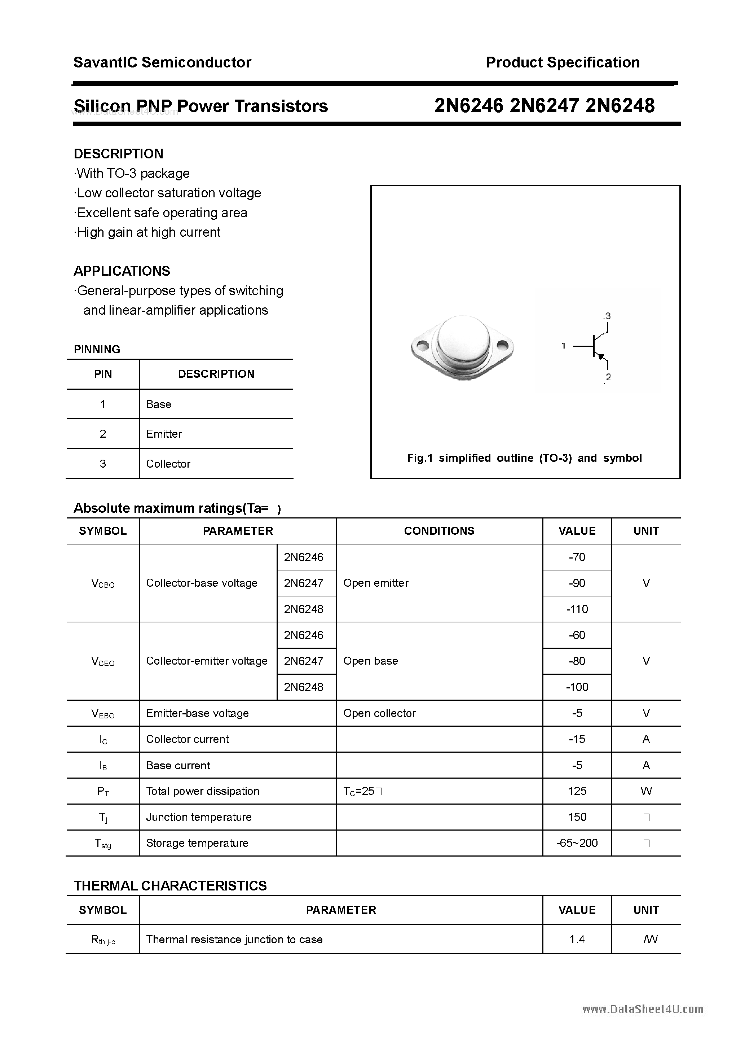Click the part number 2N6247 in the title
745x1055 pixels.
click(544, 106)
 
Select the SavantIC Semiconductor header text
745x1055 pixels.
click(162, 62)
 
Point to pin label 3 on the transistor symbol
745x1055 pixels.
click(607, 316)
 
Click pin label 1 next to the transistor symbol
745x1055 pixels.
click(563, 346)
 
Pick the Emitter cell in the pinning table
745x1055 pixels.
click(164, 434)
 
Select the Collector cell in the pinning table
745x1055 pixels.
click(168, 464)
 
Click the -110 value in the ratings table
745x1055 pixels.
click(577, 609)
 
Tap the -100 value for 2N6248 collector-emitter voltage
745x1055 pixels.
click(577, 687)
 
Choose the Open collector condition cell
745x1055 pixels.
click(379, 713)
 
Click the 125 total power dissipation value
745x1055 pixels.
click(577, 791)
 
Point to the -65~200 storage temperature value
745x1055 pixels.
click(577, 843)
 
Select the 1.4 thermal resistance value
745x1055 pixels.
click(577, 939)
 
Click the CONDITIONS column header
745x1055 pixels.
click(439, 531)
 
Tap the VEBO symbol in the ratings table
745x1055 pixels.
click(103, 714)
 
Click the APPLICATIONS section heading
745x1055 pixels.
click(122, 271)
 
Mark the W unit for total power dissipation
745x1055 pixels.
click(646, 791)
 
